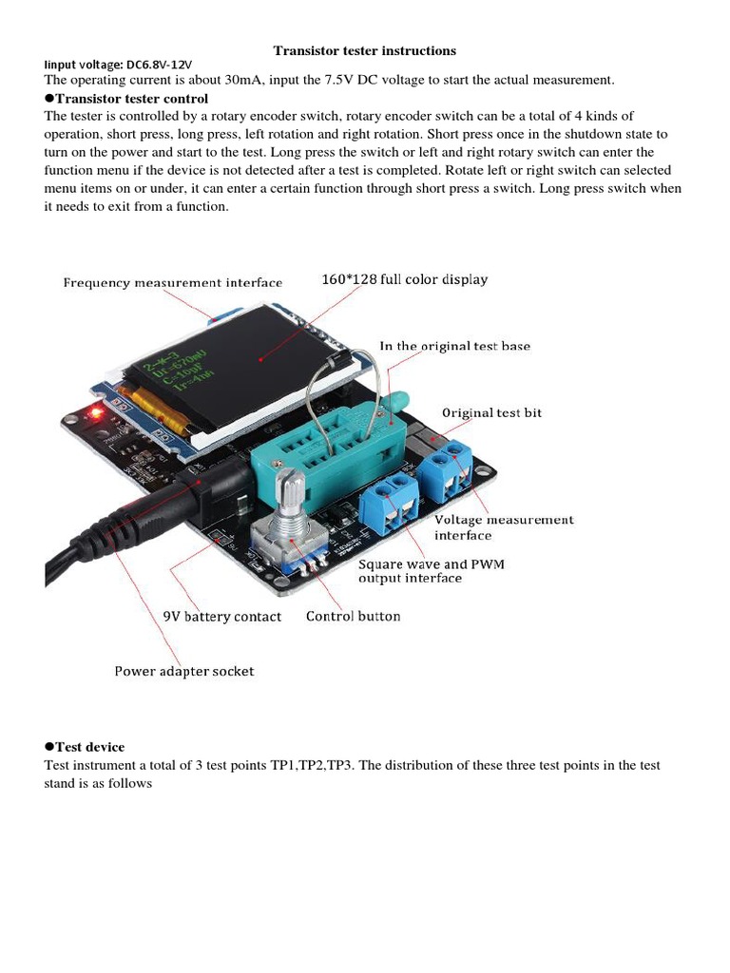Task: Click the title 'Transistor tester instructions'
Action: pyautogui.click(x=365, y=50)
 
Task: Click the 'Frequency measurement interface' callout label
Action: pyautogui.click(x=173, y=282)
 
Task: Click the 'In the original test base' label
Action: pyautogui.click(x=454, y=346)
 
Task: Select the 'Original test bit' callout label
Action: pyautogui.click(x=492, y=412)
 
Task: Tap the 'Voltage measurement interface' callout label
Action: pyautogui.click(x=504, y=527)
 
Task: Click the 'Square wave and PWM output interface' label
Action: pyautogui.click(x=431, y=570)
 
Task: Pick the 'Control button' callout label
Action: pyautogui.click(x=353, y=616)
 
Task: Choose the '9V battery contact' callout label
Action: pyautogui.click(x=222, y=617)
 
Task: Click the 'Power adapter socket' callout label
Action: pyautogui.click(x=184, y=671)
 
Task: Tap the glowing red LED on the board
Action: pyautogui.click(x=94, y=412)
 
